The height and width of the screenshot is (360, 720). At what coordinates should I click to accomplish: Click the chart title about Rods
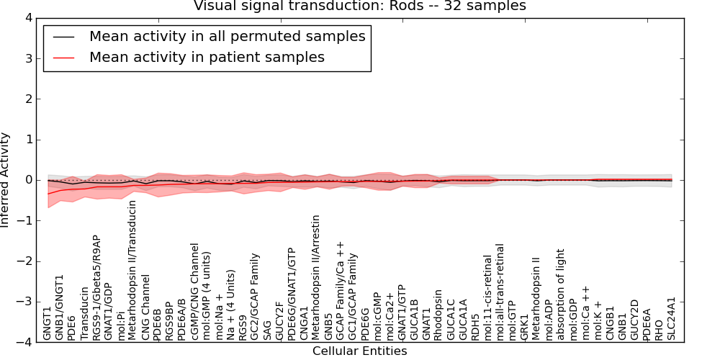click(359, 6)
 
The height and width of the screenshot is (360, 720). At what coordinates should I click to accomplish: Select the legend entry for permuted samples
click(228, 36)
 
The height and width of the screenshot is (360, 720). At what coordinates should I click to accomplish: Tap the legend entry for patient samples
click(207, 57)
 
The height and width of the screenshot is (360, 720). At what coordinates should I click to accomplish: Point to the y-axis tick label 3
click(29, 59)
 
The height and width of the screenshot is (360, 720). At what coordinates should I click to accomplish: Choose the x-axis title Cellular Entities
click(359, 351)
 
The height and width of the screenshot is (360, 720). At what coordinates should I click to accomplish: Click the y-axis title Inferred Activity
click(5, 180)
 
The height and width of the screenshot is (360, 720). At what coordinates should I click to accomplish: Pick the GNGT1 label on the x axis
click(48, 322)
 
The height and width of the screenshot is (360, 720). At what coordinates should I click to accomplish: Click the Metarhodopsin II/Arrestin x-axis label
click(315, 277)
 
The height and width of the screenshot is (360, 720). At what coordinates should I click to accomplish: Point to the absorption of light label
click(561, 294)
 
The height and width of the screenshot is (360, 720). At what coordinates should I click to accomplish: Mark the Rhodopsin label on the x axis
click(438, 315)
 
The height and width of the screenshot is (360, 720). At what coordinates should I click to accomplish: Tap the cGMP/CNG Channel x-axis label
click(194, 292)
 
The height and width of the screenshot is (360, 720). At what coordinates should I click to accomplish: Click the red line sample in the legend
click(64, 58)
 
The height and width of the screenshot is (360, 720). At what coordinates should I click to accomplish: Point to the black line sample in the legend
click(64, 37)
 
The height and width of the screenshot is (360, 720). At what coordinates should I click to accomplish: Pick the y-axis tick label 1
click(29, 140)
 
